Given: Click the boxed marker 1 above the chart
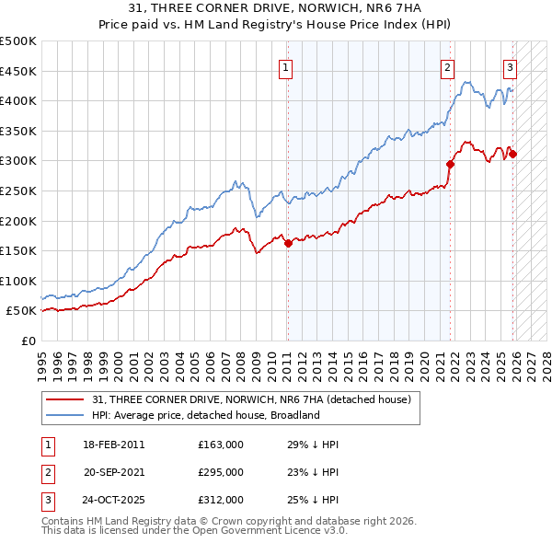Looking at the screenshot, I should [x=286, y=67].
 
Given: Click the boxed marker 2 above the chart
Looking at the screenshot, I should [x=447, y=67].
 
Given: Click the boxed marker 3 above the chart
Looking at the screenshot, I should [x=510, y=67].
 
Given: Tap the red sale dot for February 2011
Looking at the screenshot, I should [x=288, y=243].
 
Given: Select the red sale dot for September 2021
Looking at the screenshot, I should [x=451, y=164].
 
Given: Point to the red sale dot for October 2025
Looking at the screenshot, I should [x=512, y=154].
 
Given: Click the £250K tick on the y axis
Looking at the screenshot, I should [x=18, y=191].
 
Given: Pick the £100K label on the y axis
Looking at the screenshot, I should [x=18, y=281].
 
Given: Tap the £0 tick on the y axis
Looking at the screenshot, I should [x=28, y=341].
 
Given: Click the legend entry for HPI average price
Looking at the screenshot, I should [x=205, y=415].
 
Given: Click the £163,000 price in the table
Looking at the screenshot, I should [x=221, y=445].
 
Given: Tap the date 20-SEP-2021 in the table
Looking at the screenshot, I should [x=114, y=472].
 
